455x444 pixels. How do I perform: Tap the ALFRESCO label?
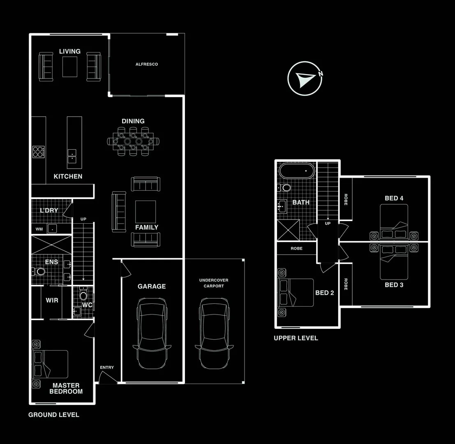click(147, 64)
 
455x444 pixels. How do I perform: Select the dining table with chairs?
click(133, 141)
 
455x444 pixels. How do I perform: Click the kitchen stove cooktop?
click(39, 152)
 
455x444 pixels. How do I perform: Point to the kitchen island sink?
click(72, 155)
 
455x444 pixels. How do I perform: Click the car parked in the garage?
click(152, 333)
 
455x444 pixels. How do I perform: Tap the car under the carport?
click(214, 333)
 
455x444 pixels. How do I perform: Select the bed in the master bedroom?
click(50, 364)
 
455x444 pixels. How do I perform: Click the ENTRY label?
click(107, 367)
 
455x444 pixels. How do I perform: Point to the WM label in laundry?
click(39, 229)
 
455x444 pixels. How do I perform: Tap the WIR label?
click(52, 301)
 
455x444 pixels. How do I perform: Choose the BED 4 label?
click(394, 198)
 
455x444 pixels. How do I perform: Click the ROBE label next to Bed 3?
click(346, 284)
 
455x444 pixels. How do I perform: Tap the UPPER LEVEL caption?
click(296, 338)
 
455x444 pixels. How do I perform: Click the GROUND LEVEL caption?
click(54, 414)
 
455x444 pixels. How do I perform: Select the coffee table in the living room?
click(70, 67)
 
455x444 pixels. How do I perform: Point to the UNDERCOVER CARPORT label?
click(214, 283)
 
